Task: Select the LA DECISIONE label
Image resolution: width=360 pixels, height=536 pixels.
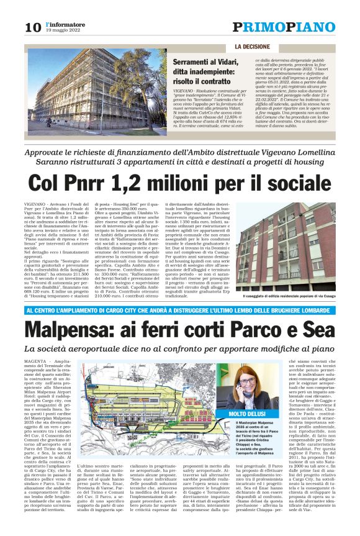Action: [x=253, y=47]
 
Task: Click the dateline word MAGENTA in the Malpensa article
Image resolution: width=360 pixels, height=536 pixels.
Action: [x=35, y=360]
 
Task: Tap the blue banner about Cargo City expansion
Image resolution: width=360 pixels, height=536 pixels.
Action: [x=180, y=309]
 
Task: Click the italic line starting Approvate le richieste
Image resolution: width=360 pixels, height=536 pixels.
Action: [x=180, y=153]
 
